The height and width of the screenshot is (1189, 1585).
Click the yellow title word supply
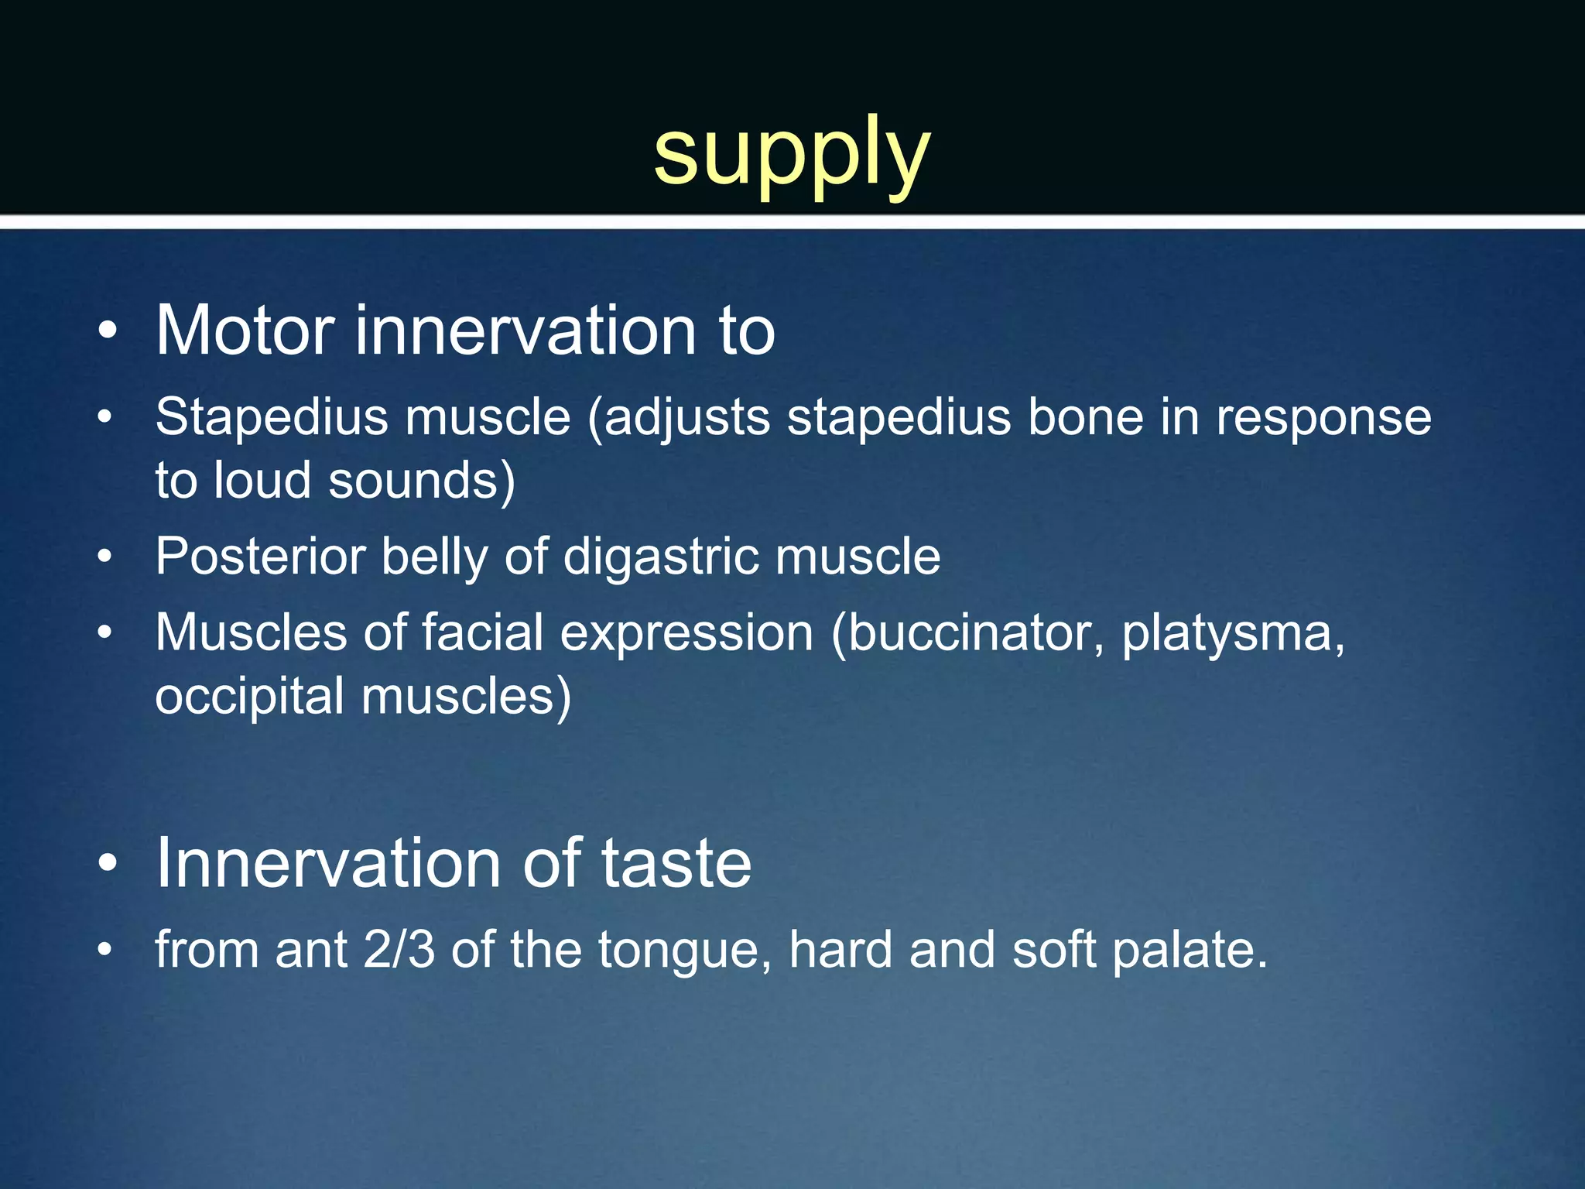[792, 153]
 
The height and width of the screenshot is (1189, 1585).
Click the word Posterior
[259, 557]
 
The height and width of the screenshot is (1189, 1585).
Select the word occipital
[249, 697]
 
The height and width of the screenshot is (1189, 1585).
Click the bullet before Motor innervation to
[108, 332]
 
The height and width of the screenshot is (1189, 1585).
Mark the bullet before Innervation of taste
[108, 864]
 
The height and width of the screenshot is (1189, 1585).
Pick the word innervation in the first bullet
[527, 331]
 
